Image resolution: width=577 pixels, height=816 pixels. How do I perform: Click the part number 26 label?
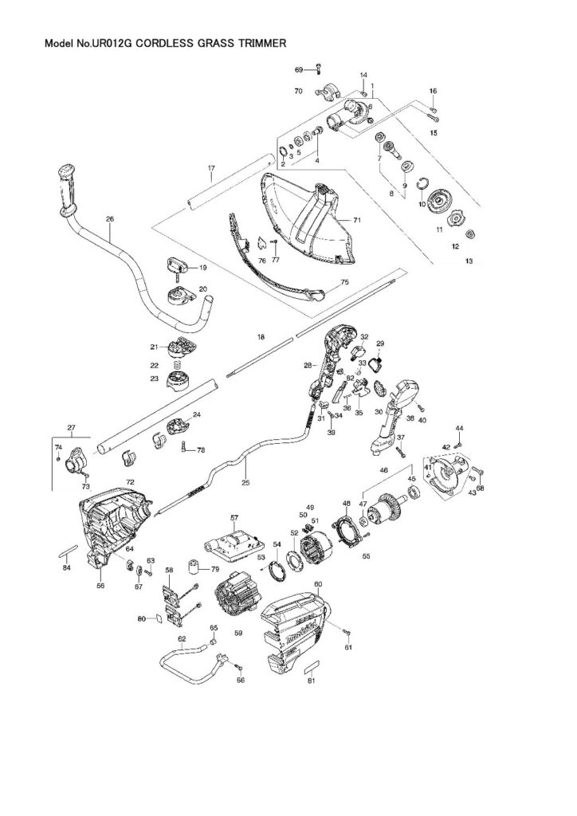[x=110, y=219]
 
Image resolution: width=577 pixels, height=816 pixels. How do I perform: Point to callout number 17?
[x=211, y=168]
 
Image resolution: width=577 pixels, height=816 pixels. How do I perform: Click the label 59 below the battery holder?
[x=238, y=633]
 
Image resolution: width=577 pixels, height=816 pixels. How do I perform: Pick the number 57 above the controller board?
[x=234, y=518]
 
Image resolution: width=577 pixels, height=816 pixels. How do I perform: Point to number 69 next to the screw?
[x=299, y=70]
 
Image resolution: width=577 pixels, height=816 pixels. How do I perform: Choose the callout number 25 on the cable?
[x=245, y=484]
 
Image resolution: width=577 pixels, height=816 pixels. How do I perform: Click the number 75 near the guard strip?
[x=345, y=282]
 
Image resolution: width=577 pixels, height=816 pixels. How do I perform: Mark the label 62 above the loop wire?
[x=182, y=639]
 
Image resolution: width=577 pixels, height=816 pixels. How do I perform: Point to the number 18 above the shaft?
[x=261, y=339]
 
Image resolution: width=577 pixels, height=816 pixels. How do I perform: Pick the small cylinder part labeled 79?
[x=193, y=570]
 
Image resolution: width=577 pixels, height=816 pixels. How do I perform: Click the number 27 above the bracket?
[x=72, y=429]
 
